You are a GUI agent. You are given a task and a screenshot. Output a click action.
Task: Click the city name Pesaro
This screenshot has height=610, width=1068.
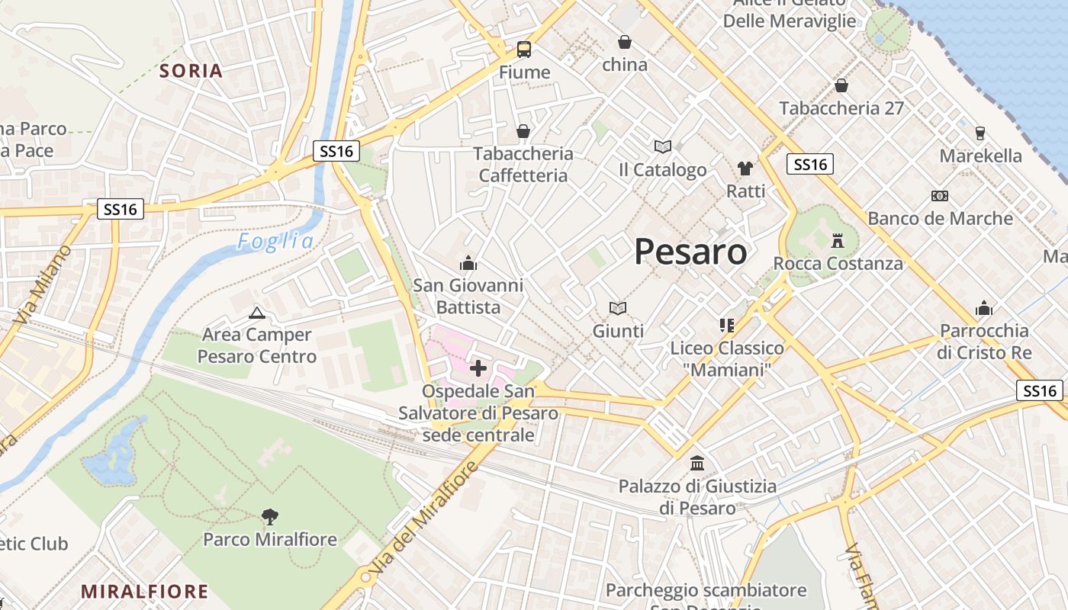pyautogui.click(x=690, y=251)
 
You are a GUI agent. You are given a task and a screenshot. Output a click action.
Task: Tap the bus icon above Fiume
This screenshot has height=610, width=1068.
pyautogui.click(x=524, y=50)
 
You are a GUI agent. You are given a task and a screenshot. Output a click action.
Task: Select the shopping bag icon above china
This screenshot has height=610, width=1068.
pyautogui.click(x=625, y=42)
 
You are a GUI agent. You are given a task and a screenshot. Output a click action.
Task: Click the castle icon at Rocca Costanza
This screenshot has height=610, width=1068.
pyautogui.click(x=838, y=241)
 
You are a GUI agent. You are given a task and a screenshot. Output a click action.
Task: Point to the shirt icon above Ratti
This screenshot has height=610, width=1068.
pyautogui.click(x=745, y=169)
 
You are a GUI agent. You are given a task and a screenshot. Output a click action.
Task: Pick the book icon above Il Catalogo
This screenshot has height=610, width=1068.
pyautogui.click(x=662, y=147)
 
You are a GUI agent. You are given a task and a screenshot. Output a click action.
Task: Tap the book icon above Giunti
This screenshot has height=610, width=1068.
pyautogui.click(x=618, y=308)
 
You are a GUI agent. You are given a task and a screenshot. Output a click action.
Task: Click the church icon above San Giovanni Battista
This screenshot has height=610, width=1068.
pyautogui.click(x=468, y=264)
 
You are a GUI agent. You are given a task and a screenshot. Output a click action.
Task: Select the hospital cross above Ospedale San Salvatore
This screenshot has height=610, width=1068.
pyautogui.click(x=478, y=369)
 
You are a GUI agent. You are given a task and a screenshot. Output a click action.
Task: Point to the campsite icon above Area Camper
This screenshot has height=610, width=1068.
pyautogui.click(x=257, y=313)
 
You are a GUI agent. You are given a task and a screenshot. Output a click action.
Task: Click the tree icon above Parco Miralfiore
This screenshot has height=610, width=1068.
pyautogui.click(x=269, y=517)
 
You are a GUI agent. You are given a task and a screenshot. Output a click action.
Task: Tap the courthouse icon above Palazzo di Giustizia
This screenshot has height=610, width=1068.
pyautogui.click(x=696, y=463)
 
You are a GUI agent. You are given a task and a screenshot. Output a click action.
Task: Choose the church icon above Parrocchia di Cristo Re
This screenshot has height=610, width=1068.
pyautogui.click(x=984, y=309)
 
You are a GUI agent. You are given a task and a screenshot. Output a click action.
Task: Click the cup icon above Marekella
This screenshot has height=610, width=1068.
pyautogui.click(x=980, y=133)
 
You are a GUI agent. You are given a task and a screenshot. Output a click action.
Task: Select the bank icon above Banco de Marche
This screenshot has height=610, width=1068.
pyautogui.click(x=940, y=196)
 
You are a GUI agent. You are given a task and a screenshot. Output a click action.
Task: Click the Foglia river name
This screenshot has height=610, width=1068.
pyautogui.click(x=275, y=242)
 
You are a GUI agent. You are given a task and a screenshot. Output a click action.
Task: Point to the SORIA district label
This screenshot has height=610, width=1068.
pyautogui.click(x=191, y=71)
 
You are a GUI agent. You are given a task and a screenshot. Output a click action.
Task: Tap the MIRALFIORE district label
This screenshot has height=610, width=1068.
pyautogui.click(x=144, y=591)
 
